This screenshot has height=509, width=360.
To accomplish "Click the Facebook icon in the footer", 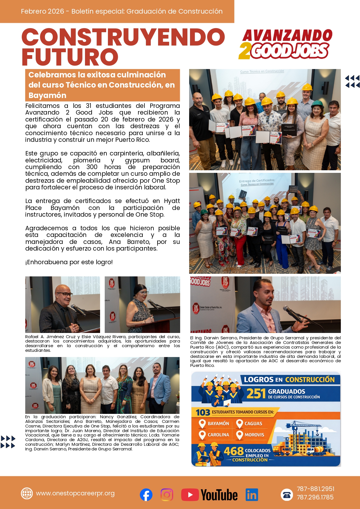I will pos(146,494).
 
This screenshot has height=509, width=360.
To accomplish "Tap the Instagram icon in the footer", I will pos(167,494).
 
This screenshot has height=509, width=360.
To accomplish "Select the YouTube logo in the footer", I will pos(209,494).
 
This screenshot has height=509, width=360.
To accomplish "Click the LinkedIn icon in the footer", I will pos(252,494).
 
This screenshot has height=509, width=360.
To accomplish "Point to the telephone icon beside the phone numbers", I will pos(287,494).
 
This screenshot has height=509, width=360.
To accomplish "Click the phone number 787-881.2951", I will pos(315,489).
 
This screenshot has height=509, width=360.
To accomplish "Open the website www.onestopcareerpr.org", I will pos(75,493).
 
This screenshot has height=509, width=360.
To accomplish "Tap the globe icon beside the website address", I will pos(27,493).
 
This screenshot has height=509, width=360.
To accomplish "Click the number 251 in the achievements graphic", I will pos(256,394).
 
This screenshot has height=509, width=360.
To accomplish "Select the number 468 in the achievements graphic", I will pos(234,451).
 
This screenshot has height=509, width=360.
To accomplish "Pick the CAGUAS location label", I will pos(253,423).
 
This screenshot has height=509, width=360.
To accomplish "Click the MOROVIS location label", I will pos(254,435).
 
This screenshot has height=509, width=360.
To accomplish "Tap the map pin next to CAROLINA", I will pos(202,435).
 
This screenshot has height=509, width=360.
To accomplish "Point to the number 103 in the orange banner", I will pos(203,412).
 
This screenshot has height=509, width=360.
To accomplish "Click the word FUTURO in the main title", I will pos(70,57).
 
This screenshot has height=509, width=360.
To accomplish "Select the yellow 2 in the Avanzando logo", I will pos(245,51).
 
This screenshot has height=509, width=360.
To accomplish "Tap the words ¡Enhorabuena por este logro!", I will pos(69,262).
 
